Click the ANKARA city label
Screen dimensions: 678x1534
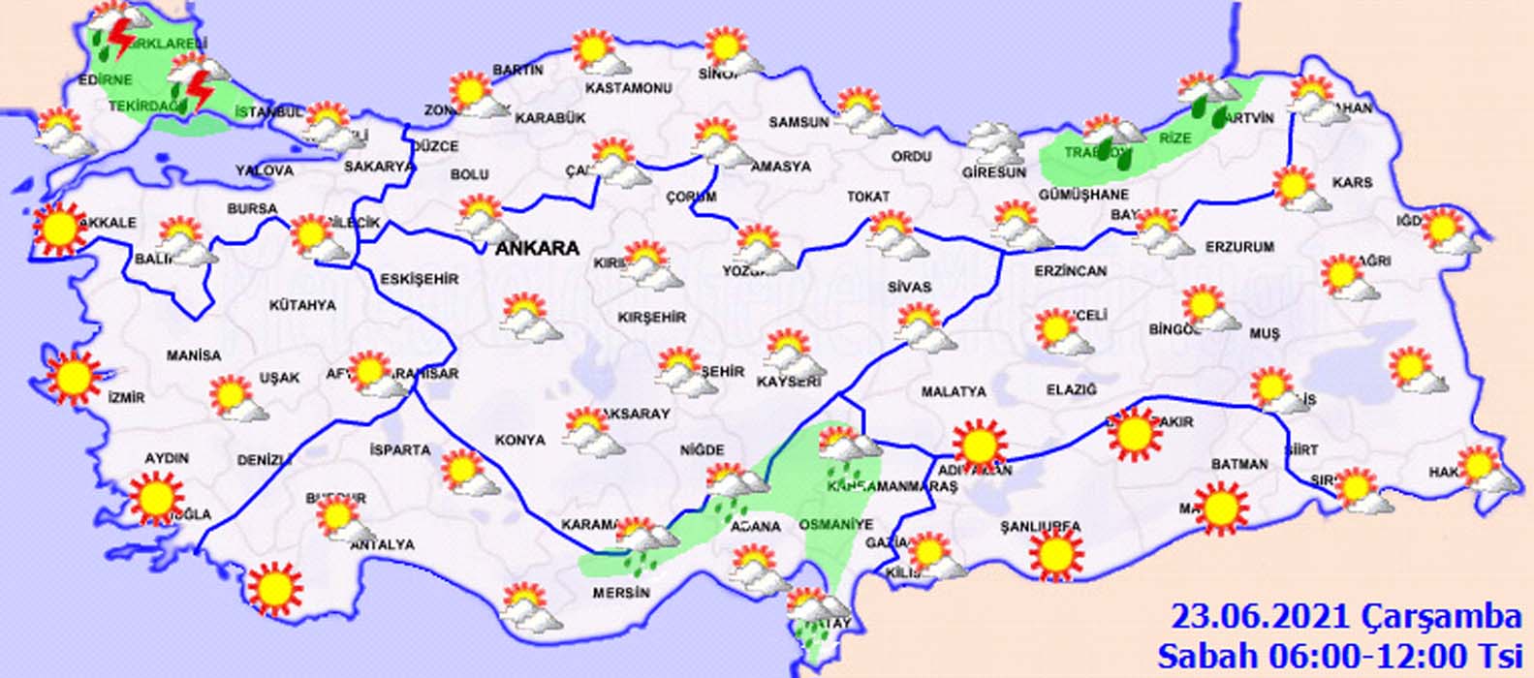(537, 248)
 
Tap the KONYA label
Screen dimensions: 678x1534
(520, 440)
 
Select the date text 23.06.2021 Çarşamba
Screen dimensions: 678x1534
(1346, 616)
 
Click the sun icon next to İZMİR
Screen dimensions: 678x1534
(74, 378)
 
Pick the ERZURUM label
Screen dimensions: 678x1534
(1239, 247)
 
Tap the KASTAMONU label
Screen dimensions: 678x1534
(629, 88)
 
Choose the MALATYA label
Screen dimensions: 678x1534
(954, 391)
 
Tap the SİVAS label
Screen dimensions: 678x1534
(909, 287)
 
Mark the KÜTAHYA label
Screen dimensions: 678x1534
(302, 305)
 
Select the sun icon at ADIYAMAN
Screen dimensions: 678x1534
(979, 445)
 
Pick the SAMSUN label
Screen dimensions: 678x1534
(799, 122)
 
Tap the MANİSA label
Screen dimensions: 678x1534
(194, 355)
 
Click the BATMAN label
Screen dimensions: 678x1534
(1239, 464)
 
